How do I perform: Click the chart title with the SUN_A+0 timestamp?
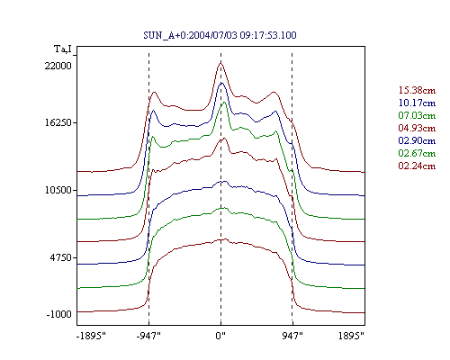[x=220, y=35]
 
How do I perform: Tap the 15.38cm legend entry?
[x=417, y=90]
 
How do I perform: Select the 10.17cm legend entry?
[x=417, y=103]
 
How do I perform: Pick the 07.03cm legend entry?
[x=417, y=115]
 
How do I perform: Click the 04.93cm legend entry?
[x=417, y=128]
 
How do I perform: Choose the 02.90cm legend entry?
[x=417, y=140]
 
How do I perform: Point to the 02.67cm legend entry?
[x=417, y=153]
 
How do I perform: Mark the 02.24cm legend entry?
[x=417, y=166]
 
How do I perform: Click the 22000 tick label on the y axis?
[x=58, y=66]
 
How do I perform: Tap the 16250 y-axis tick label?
[x=58, y=122]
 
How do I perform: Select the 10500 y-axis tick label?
[x=58, y=190]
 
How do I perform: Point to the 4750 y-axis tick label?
[x=61, y=257]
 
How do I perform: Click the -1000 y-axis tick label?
[x=59, y=314]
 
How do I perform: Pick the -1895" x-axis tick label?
[x=92, y=336]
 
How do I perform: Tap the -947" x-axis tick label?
[x=148, y=336]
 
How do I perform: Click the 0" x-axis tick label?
[x=220, y=336]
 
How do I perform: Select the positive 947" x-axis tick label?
[x=292, y=336]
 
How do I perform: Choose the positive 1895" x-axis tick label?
[x=351, y=336]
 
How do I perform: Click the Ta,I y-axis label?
[x=63, y=49]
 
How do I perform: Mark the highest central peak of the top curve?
[x=220, y=62]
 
